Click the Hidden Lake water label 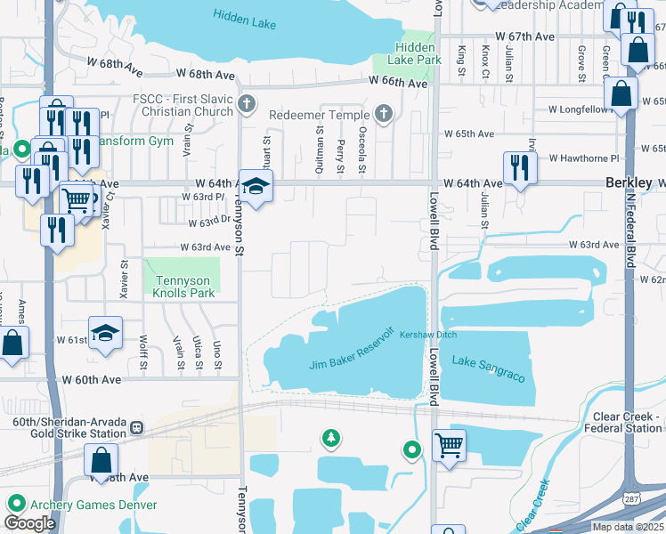click(x=245, y=18)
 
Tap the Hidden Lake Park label click(x=415, y=53)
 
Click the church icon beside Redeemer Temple click(x=383, y=113)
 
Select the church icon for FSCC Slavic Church click(x=247, y=105)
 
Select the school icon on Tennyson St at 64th click(x=256, y=186)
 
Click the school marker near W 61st click(x=105, y=333)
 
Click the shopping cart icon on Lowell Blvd click(x=449, y=443)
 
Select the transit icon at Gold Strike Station click(x=136, y=427)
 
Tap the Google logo click(x=29, y=523)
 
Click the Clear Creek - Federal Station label click(x=628, y=422)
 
